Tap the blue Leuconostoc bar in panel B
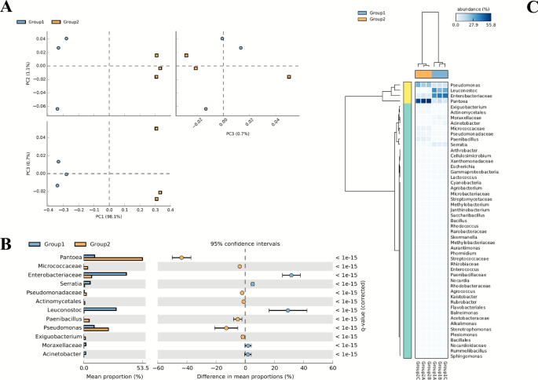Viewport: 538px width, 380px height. pos(101,309)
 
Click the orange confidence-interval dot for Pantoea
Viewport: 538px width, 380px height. pos(181,258)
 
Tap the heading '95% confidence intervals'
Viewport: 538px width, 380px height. pos(246,243)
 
